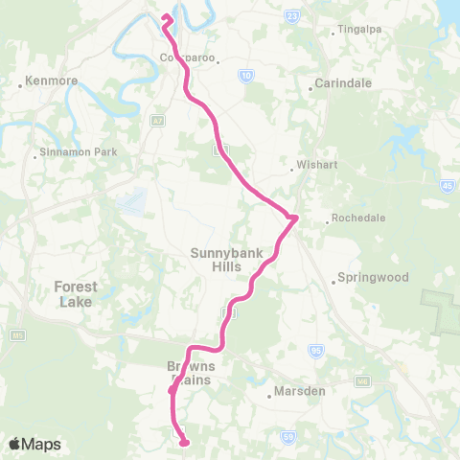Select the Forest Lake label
(75, 293)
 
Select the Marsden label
(300, 391)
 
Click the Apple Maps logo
(34, 444)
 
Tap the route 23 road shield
(292, 15)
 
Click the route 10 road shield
(247, 75)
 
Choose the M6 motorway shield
(361, 380)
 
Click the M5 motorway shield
(18, 336)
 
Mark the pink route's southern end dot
(183, 443)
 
